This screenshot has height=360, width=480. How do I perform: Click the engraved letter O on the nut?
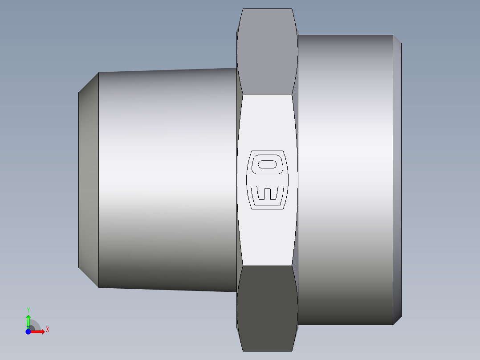[x=267, y=164]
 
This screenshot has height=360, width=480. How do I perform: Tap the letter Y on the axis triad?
[x=28, y=310]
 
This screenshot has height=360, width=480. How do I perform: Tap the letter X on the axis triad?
[x=47, y=330]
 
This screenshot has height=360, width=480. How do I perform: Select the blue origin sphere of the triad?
[x=28, y=331]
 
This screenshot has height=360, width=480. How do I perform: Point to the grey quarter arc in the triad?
[x=35, y=324]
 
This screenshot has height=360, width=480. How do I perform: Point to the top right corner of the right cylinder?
[x=393, y=35]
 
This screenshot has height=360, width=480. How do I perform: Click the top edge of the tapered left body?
[x=167, y=70]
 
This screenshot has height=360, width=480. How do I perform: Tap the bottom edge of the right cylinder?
[x=345, y=324]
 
